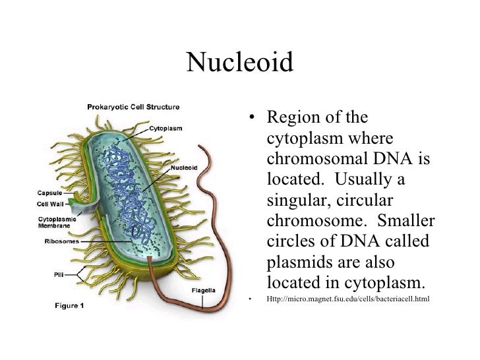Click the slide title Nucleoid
[x=239, y=63]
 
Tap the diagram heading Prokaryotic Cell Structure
[x=134, y=105]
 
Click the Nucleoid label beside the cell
[x=185, y=167]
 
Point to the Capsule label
[x=49, y=193]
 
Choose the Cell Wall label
[x=50, y=204]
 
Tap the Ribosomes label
[x=62, y=241]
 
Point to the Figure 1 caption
[x=69, y=305]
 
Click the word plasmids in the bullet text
[x=297, y=263]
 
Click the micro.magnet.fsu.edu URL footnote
[x=347, y=300]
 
